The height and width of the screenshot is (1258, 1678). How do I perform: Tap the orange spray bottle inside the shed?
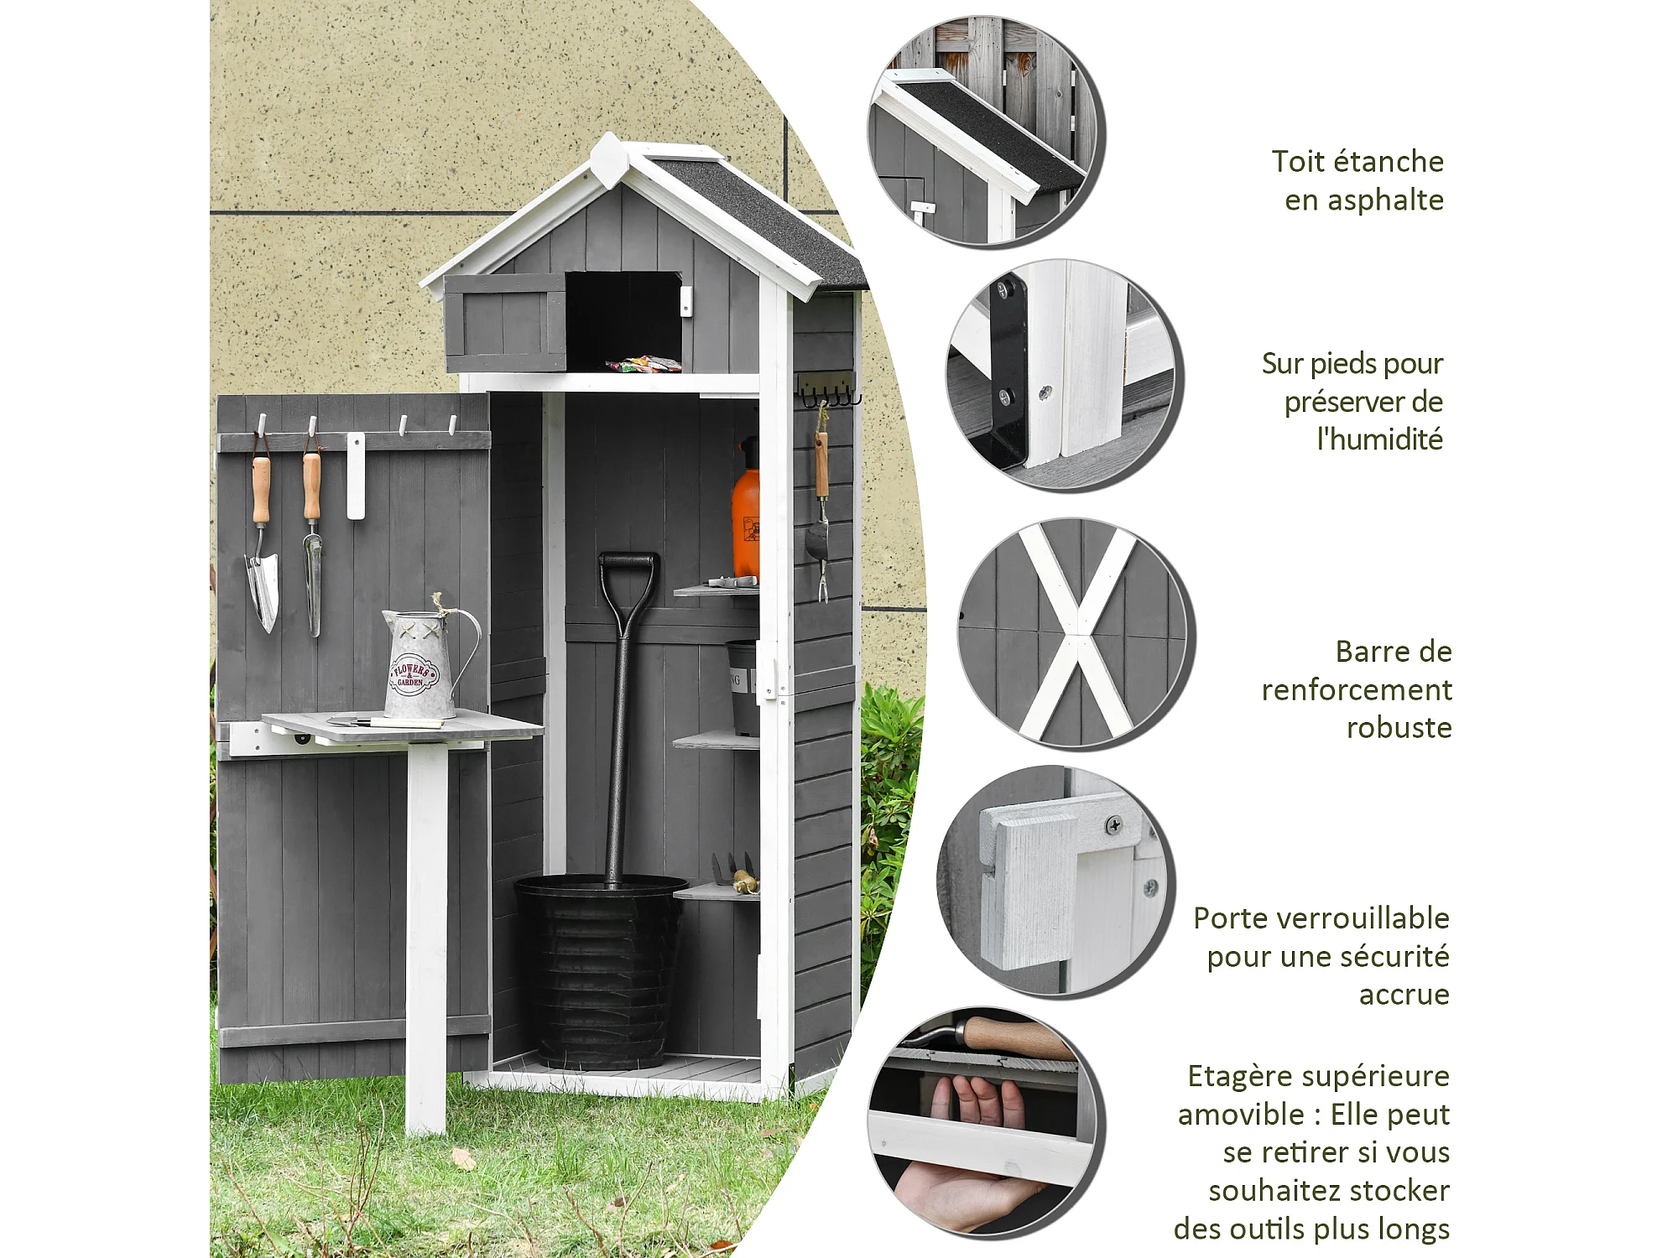point(746,512)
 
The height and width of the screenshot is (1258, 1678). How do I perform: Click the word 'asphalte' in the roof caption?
point(1364,200)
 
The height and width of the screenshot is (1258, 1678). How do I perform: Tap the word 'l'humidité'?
point(1380,439)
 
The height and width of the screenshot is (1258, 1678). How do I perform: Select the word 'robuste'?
point(1399,727)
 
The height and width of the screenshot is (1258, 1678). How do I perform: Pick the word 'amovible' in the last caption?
point(1241,1115)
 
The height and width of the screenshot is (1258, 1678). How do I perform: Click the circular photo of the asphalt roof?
point(986,131)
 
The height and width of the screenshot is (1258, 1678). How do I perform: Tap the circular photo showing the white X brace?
point(1077,633)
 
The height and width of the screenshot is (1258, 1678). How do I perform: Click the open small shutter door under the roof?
point(505,322)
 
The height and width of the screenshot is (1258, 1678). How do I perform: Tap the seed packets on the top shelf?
point(644,364)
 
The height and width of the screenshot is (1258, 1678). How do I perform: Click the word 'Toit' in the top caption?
point(1298,161)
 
